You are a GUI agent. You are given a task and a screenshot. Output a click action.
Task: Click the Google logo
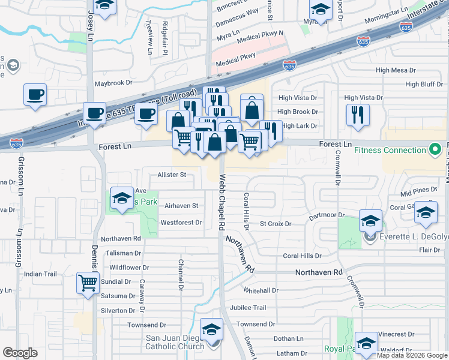(x=20, y=353)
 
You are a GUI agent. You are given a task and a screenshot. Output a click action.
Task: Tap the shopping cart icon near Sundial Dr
(x=88, y=283)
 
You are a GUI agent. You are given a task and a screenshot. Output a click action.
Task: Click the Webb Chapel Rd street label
(x=221, y=203)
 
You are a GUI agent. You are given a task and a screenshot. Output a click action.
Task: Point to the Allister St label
(x=172, y=175)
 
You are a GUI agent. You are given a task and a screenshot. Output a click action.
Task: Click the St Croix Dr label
(x=276, y=224)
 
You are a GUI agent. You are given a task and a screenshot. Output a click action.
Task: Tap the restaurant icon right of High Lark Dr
(x=358, y=115)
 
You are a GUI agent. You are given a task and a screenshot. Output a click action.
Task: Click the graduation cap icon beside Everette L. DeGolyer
(x=370, y=221)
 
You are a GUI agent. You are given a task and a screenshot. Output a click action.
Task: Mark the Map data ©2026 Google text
(x=412, y=355)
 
